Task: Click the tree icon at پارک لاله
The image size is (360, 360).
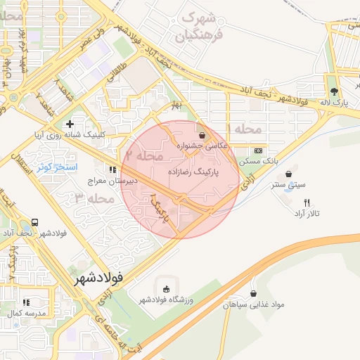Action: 333,91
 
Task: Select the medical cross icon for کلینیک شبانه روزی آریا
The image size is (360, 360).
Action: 70,124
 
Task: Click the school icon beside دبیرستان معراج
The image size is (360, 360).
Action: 112,169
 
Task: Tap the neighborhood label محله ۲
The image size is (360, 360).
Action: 143,154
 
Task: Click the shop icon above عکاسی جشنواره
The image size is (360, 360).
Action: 202,135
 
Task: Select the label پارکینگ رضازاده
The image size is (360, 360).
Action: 193,172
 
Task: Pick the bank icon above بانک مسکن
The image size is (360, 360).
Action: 258,150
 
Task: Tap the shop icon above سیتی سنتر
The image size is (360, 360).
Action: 288,174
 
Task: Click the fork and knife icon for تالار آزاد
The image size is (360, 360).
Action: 307,202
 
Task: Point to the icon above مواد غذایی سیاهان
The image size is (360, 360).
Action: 253,294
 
